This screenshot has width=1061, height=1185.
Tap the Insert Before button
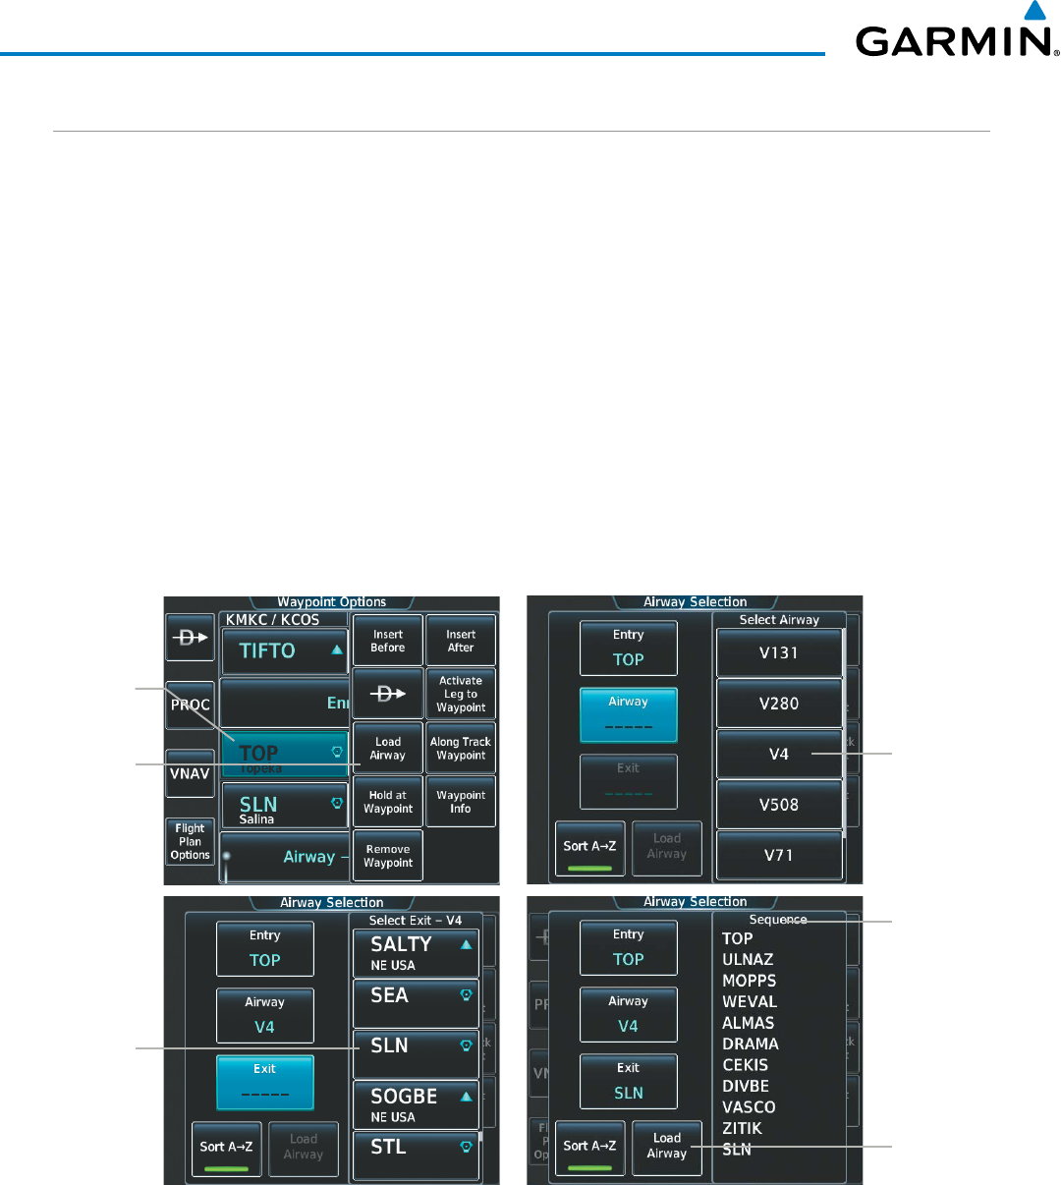click(388, 641)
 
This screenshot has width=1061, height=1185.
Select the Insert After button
click(461, 641)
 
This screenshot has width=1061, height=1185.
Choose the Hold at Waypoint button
click(388, 802)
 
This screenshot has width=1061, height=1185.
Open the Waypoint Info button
click(461, 802)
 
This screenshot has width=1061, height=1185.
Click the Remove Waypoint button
click(388, 856)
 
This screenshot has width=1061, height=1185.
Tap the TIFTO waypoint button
click(284, 650)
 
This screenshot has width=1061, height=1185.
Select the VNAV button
click(190, 773)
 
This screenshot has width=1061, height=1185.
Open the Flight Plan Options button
click(190, 841)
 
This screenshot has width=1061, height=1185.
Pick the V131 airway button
click(779, 652)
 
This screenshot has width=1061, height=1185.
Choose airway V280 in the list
click(779, 704)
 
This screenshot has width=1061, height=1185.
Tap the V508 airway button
click(779, 805)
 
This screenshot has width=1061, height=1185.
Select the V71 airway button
click(779, 855)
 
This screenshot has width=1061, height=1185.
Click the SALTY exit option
click(416, 952)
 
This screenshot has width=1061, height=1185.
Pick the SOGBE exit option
click(416, 1104)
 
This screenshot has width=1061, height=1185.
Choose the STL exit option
click(416, 1147)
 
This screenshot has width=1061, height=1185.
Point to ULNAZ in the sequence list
click(748, 960)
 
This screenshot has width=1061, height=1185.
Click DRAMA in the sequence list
click(751, 1044)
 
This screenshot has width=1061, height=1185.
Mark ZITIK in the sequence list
click(743, 1129)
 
